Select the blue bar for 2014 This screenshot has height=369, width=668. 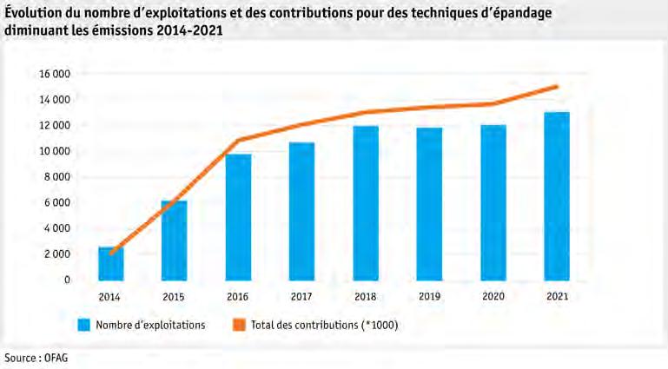(x=111, y=263)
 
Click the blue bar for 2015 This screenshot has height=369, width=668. (x=175, y=241)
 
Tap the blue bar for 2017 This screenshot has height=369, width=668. (x=301, y=212)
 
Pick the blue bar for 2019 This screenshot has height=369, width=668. (x=429, y=204)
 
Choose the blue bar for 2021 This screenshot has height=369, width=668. (x=557, y=196)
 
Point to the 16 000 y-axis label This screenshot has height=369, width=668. (x=55, y=74)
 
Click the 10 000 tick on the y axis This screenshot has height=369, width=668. (x=55, y=151)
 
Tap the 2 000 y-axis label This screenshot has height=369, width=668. (x=57, y=254)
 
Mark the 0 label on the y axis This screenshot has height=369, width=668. (x=67, y=280)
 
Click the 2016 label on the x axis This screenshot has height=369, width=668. (x=237, y=296)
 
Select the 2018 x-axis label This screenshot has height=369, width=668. (x=365, y=296)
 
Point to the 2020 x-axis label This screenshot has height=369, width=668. (x=493, y=296)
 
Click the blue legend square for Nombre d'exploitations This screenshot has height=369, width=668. (x=84, y=326)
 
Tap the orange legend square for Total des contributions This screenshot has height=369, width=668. (x=239, y=326)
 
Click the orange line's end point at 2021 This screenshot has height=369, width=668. (x=557, y=87)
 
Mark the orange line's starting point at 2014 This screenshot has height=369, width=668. (x=111, y=254)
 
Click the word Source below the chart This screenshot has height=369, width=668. (x=20, y=358)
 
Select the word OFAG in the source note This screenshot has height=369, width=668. (x=56, y=358)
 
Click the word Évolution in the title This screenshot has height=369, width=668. (x=33, y=13)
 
